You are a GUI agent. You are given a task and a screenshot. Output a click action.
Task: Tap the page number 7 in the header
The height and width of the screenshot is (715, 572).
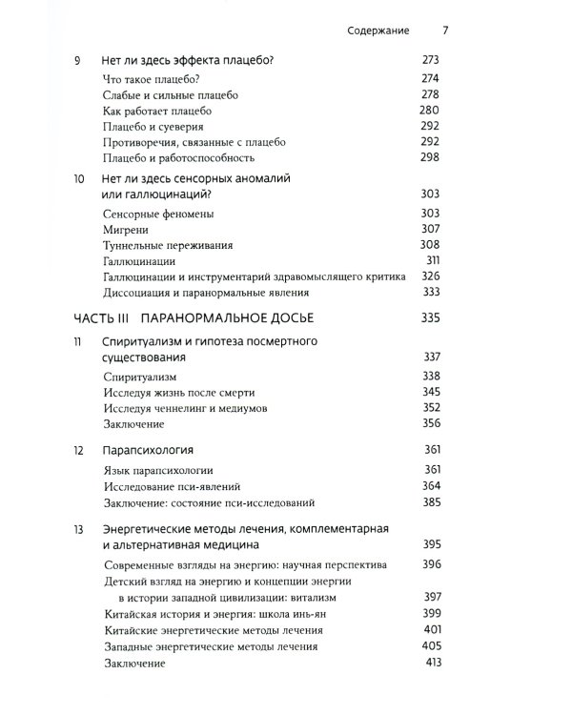(445, 31)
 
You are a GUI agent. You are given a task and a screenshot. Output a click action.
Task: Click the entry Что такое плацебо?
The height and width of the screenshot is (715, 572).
(150, 79)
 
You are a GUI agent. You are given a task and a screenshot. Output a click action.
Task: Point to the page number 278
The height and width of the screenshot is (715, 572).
(431, 95)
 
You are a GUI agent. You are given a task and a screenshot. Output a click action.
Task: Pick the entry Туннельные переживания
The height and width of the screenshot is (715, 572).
(167, 245)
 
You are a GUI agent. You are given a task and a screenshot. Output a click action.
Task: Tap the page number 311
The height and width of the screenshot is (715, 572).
(432, 260)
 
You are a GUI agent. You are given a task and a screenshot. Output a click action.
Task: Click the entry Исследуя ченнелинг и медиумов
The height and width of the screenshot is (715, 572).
(185, 408)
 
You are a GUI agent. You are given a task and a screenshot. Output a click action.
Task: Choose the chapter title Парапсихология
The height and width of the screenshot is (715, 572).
(149, 449)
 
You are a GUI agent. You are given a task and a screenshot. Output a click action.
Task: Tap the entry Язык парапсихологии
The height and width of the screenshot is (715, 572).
(158, 470)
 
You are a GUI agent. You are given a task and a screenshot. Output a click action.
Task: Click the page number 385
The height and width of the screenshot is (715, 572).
(431, 502)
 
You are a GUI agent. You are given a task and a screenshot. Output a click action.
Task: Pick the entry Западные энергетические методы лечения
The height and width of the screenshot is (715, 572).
(212, 647)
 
